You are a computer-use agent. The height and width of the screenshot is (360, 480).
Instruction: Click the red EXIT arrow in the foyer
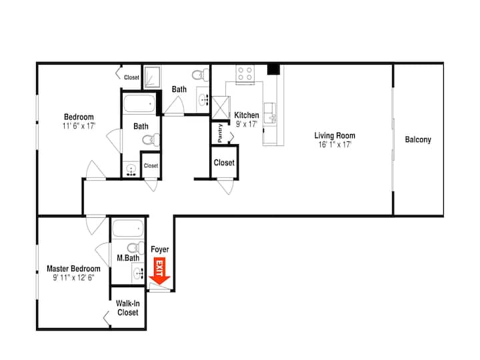pos(159,271)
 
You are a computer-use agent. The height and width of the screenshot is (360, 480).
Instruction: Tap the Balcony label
pos(418,139)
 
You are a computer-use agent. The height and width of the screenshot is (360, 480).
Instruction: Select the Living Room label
pos(335,135)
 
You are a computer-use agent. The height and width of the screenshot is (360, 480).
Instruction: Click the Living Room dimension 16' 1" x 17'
pos(335,145)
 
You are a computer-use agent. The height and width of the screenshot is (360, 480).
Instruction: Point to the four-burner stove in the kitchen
pos(245,74)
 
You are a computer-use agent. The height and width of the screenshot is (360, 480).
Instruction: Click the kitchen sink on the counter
pos(270,113)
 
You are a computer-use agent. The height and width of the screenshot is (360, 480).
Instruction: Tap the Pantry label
pos(220,133)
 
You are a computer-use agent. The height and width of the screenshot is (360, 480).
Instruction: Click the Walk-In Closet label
pos(127,308)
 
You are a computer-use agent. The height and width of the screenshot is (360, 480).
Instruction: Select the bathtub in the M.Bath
pos(128,229)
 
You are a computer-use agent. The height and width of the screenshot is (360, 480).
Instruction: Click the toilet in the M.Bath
pos(135,247)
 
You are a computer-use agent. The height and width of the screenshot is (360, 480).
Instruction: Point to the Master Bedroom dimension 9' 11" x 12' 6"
pos(73,277)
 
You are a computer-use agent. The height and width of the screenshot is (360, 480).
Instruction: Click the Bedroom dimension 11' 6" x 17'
pos(79,126)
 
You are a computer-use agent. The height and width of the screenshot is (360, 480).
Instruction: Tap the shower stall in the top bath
pos(152,77)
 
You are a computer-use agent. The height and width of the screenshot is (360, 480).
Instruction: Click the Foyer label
pos(160,249)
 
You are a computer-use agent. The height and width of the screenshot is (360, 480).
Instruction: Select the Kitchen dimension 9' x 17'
pos(247,124)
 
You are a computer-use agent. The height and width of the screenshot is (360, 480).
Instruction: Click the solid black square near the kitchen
pos(273,69)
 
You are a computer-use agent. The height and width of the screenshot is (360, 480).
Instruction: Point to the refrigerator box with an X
pos(221,107)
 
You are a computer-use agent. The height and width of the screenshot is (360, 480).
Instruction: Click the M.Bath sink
pos(138,273)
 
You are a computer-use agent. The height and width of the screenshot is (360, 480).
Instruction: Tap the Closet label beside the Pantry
pos(224,163)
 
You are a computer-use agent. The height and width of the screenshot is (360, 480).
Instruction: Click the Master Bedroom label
pos(73,269)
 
